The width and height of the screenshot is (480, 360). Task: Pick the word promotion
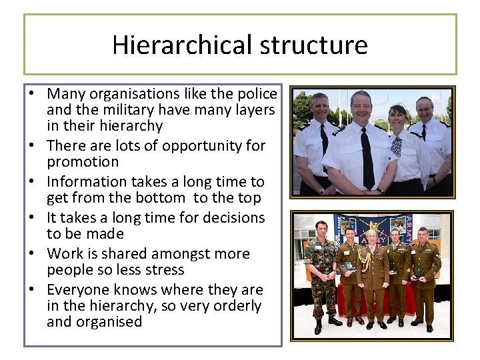(83, 162)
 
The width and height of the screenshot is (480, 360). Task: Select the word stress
(166, 270)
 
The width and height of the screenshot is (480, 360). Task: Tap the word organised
(95, 322)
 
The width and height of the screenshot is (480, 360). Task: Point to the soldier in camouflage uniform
(322, 273)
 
